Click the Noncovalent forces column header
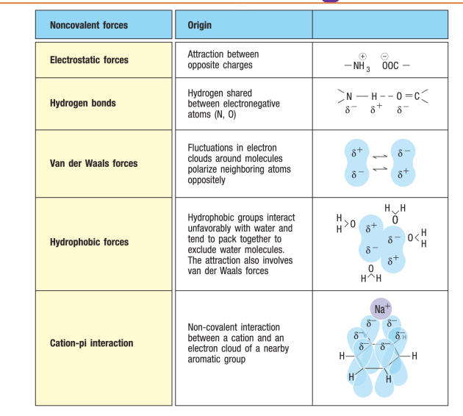[88, 25]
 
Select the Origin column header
[199, 25]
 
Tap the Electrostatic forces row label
[88, 60]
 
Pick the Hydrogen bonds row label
[82, 104]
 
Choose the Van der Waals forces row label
[93, 163]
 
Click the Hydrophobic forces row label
[89, 242]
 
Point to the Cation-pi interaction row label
[91, 343]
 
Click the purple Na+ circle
[381, 309]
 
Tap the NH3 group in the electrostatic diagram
[359, 66]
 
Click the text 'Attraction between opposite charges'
[223, 60]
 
